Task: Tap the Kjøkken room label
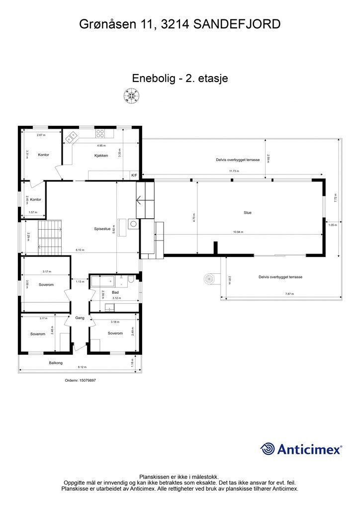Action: tap(101, 156)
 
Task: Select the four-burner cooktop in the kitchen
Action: tap(100, 133)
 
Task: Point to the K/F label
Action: tap(134, 175)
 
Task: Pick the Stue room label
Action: tap(247, 213)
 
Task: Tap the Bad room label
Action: tap(115, 293)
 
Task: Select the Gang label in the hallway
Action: tap(80, 318)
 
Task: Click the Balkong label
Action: tap(56, 363)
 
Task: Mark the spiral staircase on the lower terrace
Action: tap(210, 280)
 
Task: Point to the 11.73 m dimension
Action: tap(234, 171)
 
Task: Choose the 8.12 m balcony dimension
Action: tap(82, 367)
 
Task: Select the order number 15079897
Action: tap(80, 380)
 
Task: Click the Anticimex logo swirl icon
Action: tap(268, 449)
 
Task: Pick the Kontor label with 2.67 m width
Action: tap(44, 155)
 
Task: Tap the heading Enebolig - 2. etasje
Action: tap(180, 78)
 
